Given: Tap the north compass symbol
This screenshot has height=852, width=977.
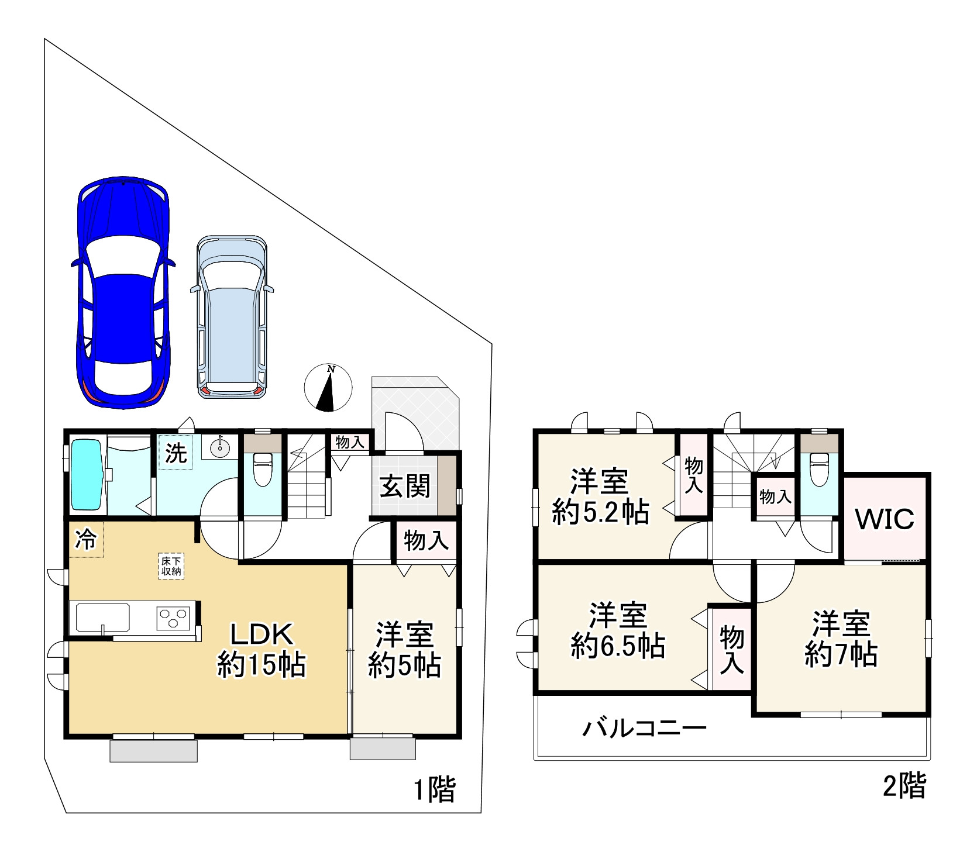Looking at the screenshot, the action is [x=328, y=388].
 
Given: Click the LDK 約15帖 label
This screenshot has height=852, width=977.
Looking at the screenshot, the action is [x=261, y=649].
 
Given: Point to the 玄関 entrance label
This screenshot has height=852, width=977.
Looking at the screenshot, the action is [x=405, y=486].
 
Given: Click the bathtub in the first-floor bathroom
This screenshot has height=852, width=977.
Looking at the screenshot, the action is [x=87, y=475].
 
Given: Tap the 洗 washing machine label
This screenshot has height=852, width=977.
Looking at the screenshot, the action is [x=176, y=453].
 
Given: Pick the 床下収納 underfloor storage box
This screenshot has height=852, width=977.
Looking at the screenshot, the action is [x=171, y=565].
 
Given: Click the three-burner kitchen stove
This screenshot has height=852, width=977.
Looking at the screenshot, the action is [x=174, y=618].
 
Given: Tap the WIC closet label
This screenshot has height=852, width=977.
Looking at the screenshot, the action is [x=884, y=519].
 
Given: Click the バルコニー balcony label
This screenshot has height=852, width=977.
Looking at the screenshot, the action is [x=644, y=729].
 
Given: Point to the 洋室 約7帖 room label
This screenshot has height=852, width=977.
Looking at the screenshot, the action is [x=841, y=639].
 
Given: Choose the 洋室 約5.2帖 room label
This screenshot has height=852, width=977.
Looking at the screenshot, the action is [x=600, y=496].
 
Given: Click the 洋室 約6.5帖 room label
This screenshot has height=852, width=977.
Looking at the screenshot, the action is [x=618, y=630].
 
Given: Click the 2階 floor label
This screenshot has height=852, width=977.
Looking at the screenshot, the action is [x=904, y=786].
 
